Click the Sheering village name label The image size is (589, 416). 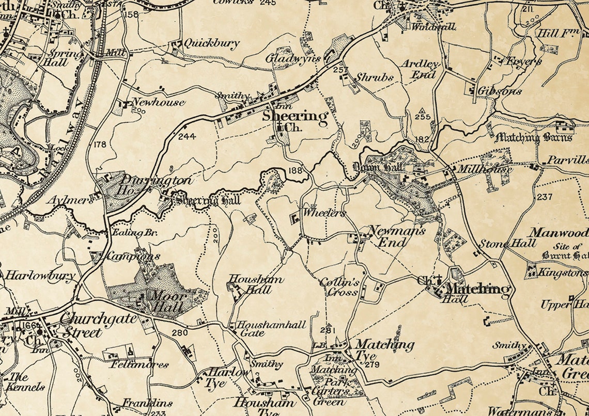click(295, 116)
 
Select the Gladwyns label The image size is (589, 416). click(293, 58)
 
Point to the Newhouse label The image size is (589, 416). click(158, 102)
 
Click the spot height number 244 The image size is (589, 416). click(187, 137)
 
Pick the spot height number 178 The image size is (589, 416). click(100, 145)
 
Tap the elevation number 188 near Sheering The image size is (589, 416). click(296, 171)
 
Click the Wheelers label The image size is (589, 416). click(323, 213)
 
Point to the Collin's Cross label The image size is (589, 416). click(339, 287)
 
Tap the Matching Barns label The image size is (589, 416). click(534, 138)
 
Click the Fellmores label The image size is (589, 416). click(140, 364)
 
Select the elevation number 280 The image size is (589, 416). click(179, 333)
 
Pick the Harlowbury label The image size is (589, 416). click(40, 276)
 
